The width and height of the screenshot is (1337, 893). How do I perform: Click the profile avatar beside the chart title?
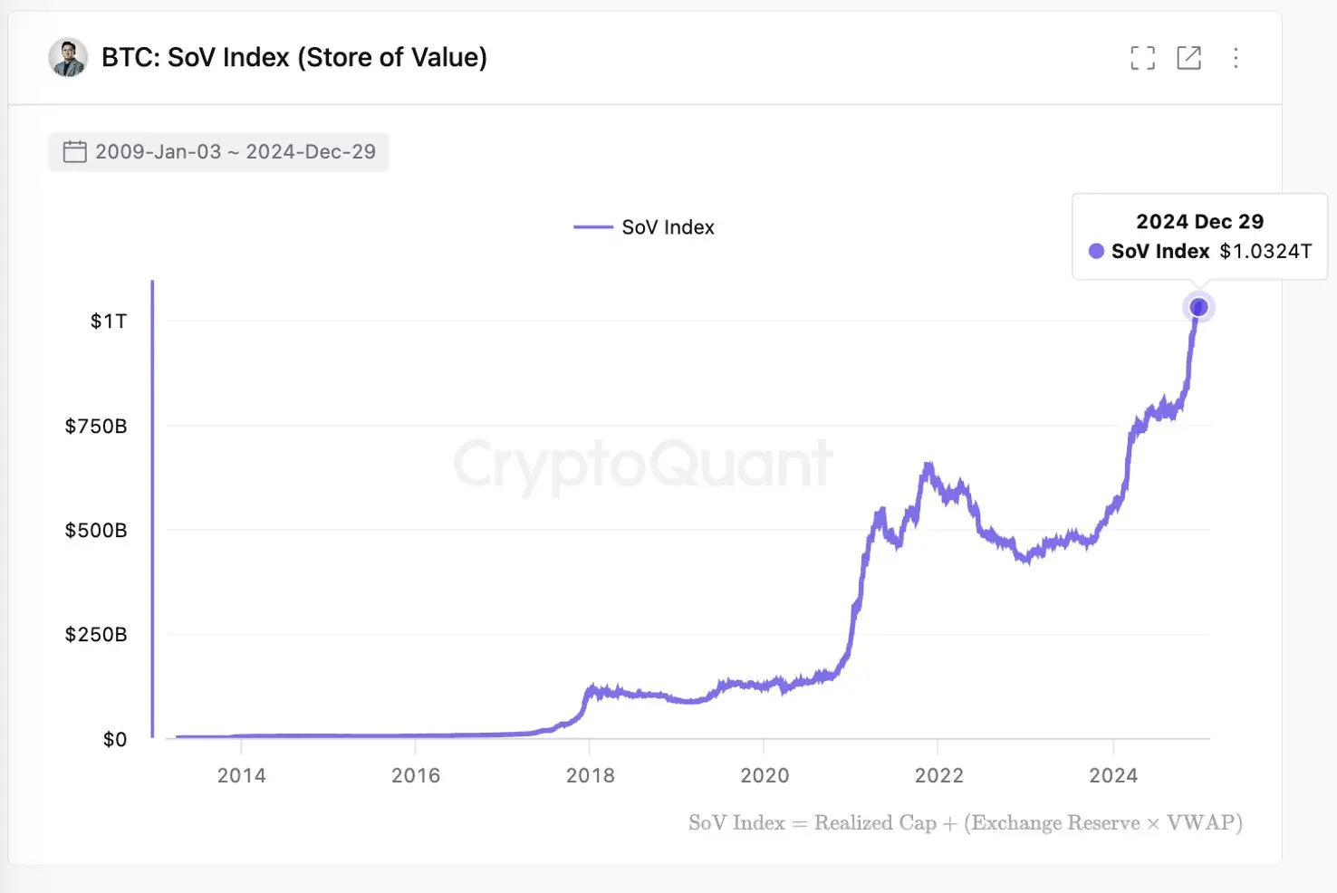coord(68,58)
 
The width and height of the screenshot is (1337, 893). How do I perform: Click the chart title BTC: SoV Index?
coord(294,58)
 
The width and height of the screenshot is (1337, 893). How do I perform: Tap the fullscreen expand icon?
coord(1142,58)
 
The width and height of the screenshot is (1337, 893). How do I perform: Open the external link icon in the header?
coord(1188,58)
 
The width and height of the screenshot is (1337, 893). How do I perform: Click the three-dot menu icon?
coord(1236,58)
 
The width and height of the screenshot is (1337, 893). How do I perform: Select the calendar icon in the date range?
coord(74,151)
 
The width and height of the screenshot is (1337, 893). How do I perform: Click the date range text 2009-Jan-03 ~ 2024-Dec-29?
coord(236,151)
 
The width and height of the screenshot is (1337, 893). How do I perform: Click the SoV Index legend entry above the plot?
coord(645,227)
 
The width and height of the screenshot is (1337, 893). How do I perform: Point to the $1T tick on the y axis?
coord(109,322)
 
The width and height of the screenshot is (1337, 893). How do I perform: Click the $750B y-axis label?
coord(96,426)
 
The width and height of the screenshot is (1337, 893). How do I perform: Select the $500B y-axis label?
coord(96,530)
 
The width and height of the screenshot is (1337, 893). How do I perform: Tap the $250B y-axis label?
coord(96,634)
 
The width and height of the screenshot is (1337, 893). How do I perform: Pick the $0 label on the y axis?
coord(115,739)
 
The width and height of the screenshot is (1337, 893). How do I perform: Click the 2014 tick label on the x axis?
coord(241,775)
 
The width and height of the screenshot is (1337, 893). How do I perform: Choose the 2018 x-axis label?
coord(590,775)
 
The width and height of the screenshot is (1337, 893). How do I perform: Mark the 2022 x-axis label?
coord(938,775)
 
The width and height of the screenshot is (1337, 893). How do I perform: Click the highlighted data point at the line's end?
coord(1198,308)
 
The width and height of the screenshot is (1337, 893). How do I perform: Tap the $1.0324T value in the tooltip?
coord(1265,251)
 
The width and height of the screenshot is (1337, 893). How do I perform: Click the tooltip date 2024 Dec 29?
coord(1199,222)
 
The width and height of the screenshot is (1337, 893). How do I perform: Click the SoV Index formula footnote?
coord(965,822)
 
